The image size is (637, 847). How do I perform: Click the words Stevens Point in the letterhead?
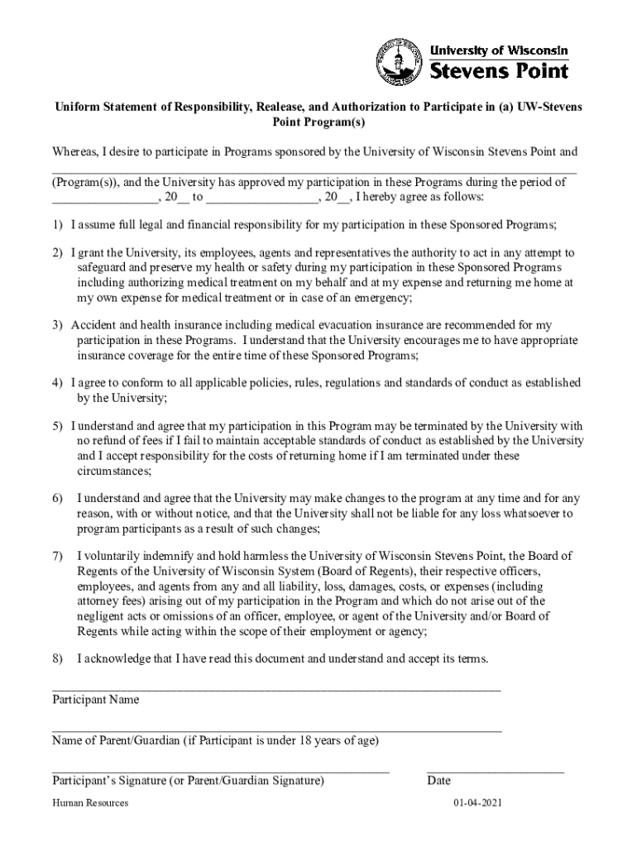(x=502, y=70)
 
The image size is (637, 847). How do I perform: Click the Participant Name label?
(x=96, y=700)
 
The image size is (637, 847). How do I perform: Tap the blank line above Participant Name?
(x=276, y=689)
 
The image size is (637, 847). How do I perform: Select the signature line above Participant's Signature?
(x=220, y=771)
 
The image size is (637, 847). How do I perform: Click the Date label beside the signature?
(x=438, y=780)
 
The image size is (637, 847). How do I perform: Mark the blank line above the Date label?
(x=495, y=771)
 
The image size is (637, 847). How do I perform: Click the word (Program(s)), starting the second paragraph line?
(x=85, y=183)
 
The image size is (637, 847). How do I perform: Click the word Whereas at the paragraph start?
(x=75, y=152)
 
